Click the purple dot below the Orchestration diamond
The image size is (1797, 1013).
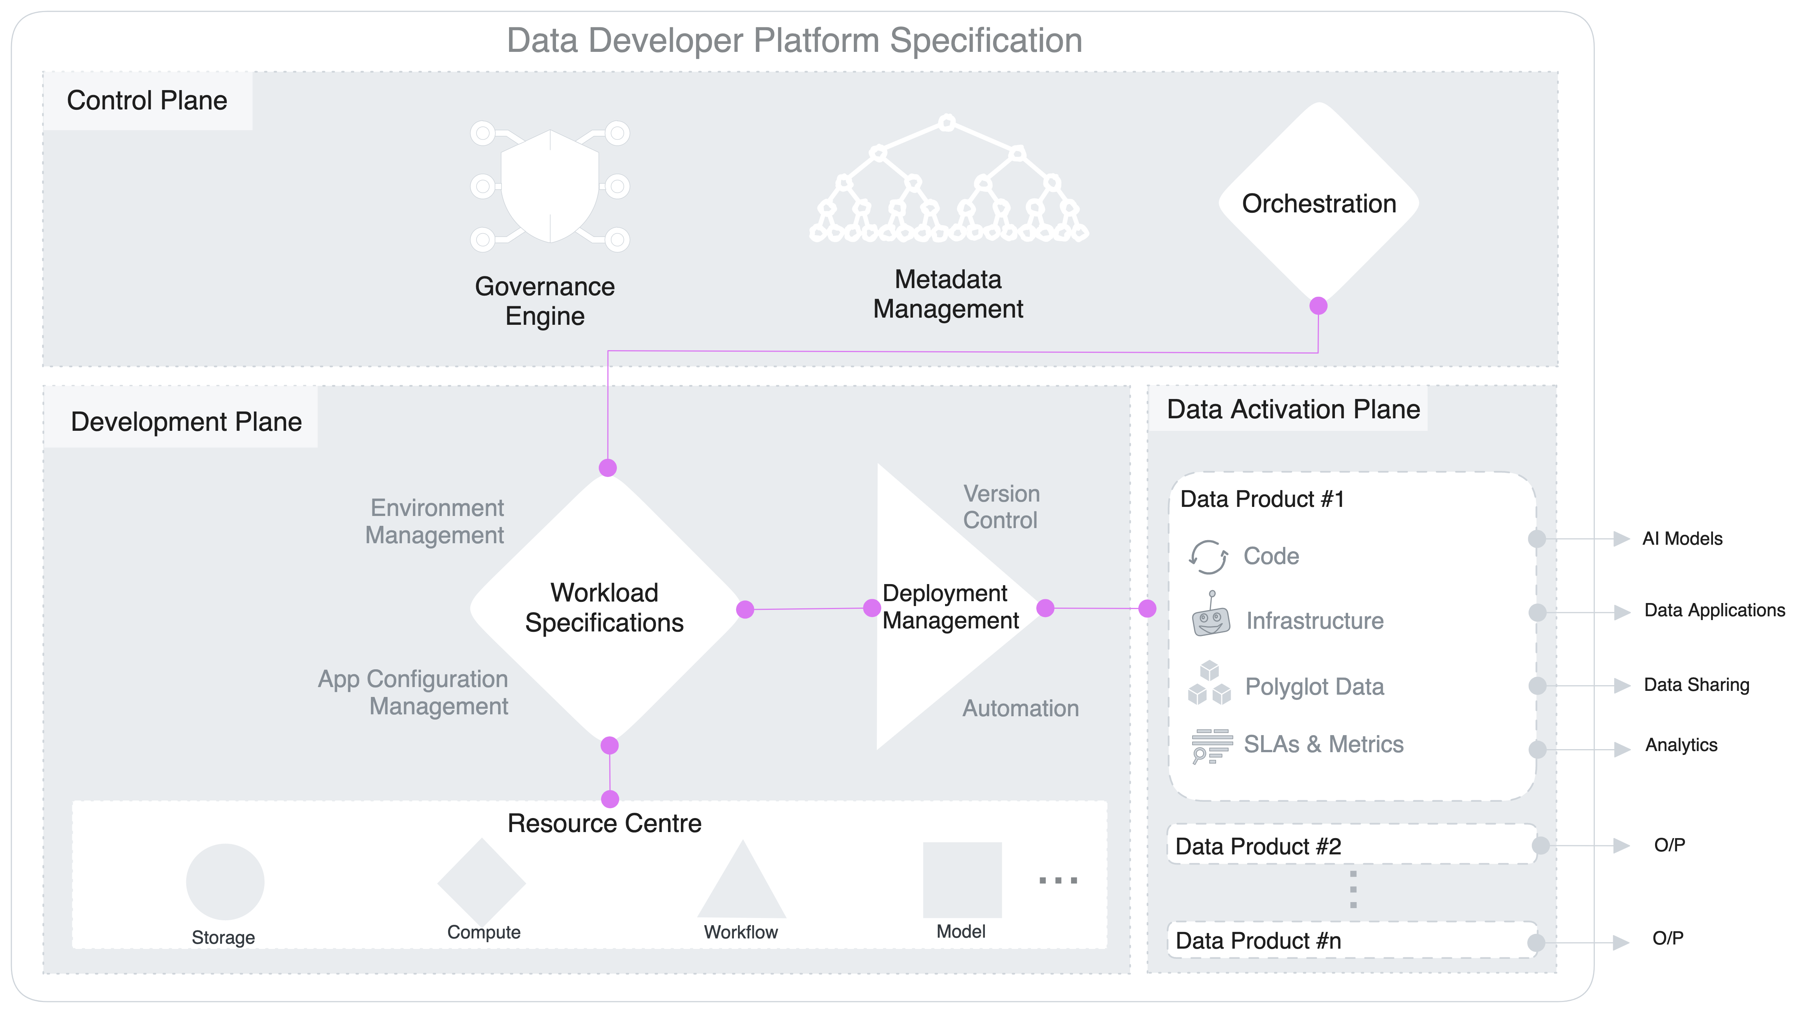click(1318, 305)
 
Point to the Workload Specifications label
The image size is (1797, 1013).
click(604, 608)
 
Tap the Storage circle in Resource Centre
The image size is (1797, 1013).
click(225, 882)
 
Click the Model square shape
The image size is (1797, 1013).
click(962, 880)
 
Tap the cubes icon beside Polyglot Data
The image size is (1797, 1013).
click(1209, 684)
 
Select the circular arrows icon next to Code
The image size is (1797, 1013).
click(1208, 557)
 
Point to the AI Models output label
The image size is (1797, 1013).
click(1682, 539)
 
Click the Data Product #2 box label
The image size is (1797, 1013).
click(1258, 846)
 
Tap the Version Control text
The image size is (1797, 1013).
click(1001, 507)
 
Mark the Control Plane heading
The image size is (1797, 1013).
click(147, 100)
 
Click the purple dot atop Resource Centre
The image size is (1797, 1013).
click(610, 799)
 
